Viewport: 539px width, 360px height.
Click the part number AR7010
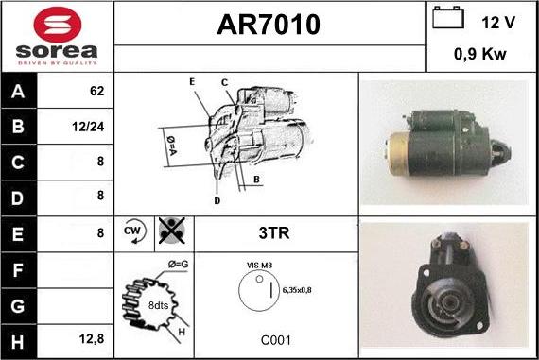269,25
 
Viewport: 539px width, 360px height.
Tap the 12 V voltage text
497,21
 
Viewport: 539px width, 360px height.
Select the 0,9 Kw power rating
481,55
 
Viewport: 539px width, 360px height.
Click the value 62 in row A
96,93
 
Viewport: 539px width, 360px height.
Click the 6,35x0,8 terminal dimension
296,291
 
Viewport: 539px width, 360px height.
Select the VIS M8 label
259,267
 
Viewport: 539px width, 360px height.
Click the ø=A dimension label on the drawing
172,143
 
